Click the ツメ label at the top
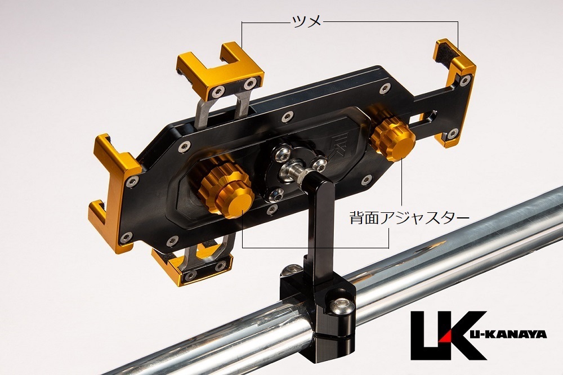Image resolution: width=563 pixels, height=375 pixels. pyautogui.click(x=306, y=21)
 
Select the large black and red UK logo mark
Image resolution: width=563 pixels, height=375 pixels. pyautogui.click(x=449, y=335)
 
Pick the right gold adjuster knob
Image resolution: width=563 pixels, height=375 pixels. pyautogui.click(x=392, y=136)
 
